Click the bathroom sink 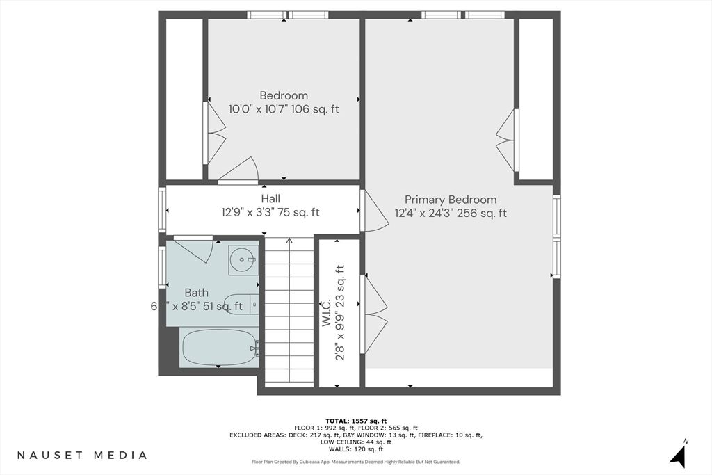[x=243, y=259]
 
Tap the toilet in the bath [x=242, y=305]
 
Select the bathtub [x=219, y=347]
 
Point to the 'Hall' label [x=270, y=199]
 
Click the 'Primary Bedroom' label [x=451, y=200]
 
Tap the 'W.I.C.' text [x=325, y=314]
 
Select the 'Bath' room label [x=196, y=293]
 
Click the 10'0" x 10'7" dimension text [x=284, y=109]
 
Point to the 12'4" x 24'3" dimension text [x=451, y=214]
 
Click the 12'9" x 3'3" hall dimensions [x=270, y=213]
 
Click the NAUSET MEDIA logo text [x=82, y=455]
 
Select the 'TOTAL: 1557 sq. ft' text [x=355, y=421]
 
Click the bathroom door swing [x=195, y=250]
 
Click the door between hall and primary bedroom [x=375, y=211]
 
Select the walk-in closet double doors [x=374, y=314]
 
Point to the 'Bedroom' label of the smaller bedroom [x=284, y=95]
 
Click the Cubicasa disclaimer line [x=355, y=462]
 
